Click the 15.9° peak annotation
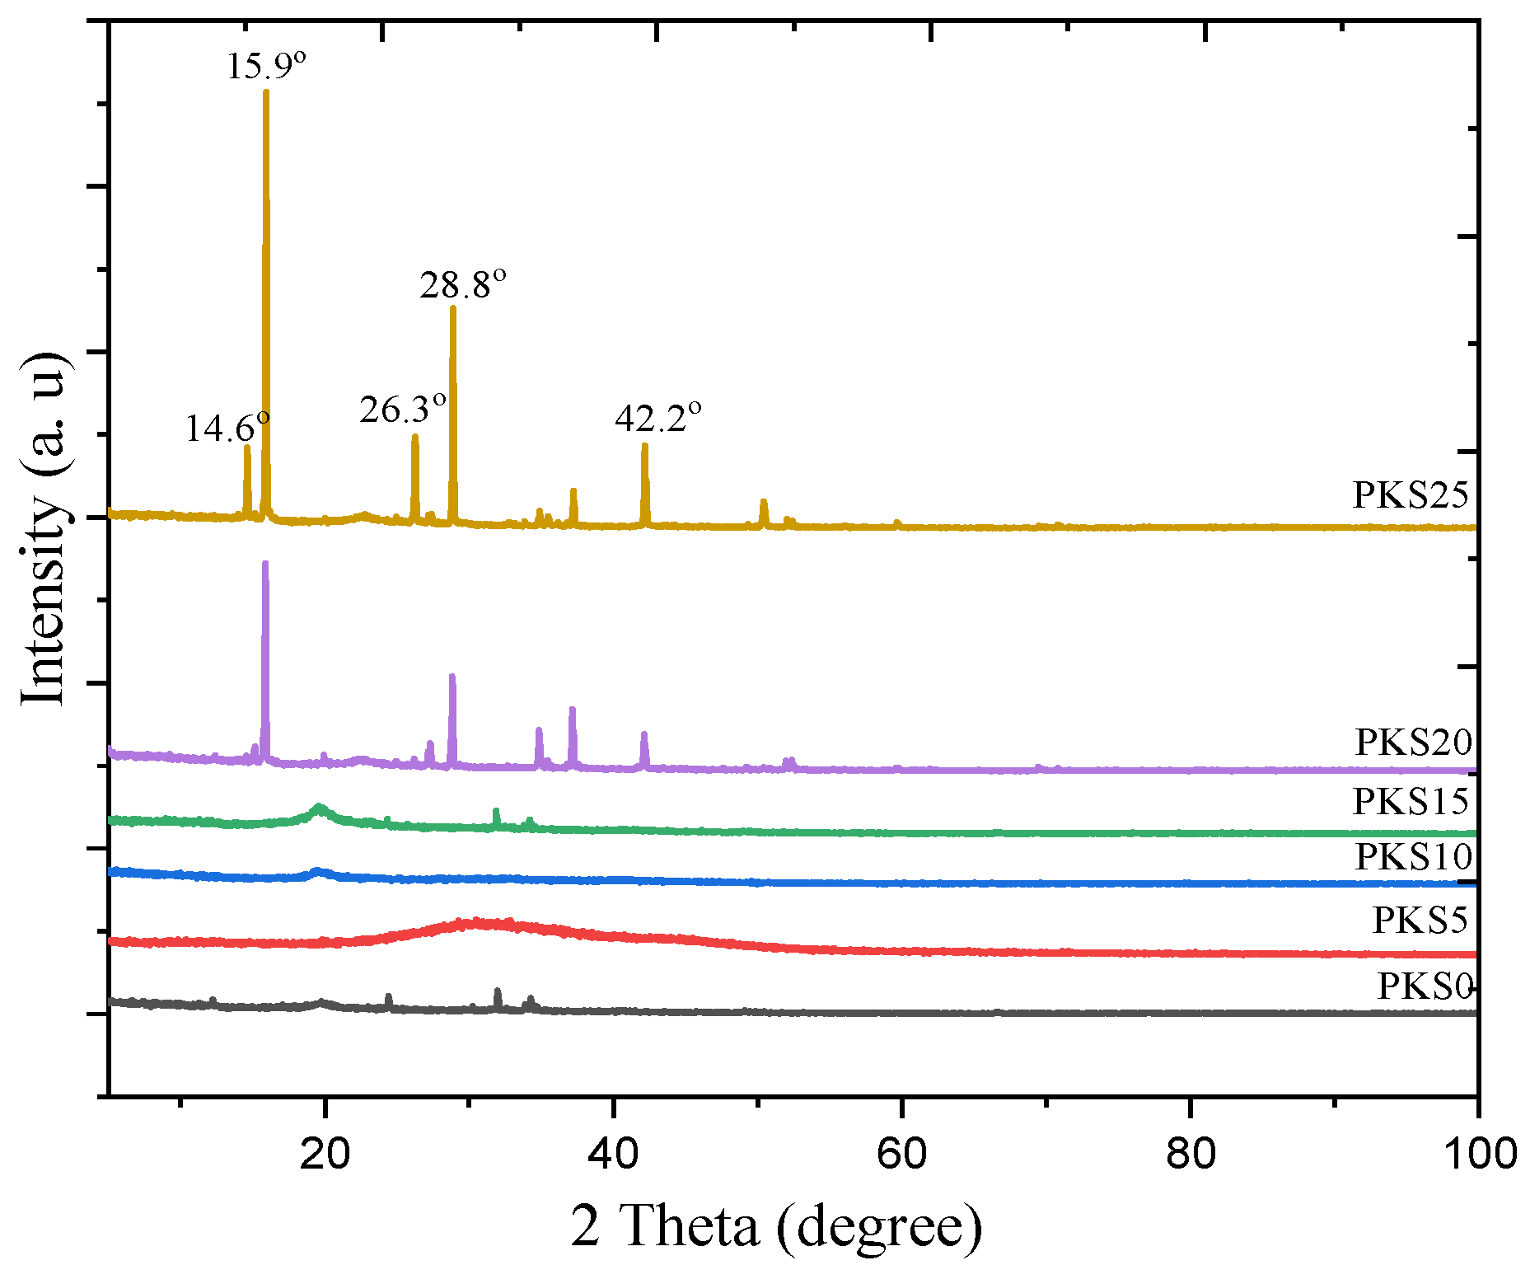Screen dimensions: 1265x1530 (266, 66)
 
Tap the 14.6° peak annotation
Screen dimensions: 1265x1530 (227, 429)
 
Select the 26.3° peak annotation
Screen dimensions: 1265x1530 (402, 409)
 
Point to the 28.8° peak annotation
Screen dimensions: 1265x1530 (462, 285)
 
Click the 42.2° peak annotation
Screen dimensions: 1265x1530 (657, 418)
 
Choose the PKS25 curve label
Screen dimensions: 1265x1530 (1410, 495)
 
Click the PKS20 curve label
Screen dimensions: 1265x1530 (1413, 743)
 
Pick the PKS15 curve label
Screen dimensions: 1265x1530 (1410, 802)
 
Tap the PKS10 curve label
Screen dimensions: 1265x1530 (1413, 857)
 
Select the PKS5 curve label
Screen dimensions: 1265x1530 (1420, 921)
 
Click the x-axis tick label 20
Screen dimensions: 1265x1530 (325, 1154)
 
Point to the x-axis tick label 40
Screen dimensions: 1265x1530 (613, 1154)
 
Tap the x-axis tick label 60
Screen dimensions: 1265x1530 (902, 1154)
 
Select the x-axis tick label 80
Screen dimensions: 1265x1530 (1191, 1154)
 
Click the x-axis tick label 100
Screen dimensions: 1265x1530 (1479, 1154)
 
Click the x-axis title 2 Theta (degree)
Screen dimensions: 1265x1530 (776, 1226)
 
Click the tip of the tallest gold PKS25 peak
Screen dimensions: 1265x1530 (265, 91)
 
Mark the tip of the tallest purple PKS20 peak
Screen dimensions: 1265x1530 (264, 563)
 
